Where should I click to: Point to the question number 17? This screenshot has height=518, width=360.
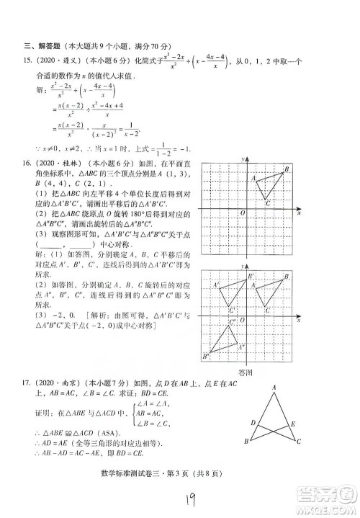point(27,385)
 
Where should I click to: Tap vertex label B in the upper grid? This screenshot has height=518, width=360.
point(287,169)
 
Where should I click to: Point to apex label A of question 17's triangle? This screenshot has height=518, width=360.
point(274,390)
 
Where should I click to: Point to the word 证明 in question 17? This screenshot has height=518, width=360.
point(42,414)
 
